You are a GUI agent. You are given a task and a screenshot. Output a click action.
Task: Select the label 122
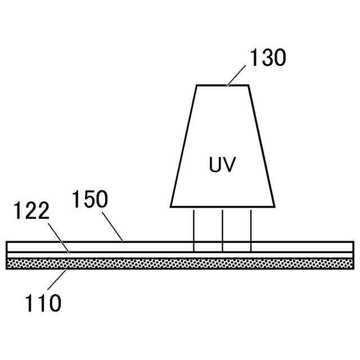pyautogui.click(x=31, y=211)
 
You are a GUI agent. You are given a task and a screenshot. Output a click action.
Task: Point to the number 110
pyautogui.click(x=42, y=304)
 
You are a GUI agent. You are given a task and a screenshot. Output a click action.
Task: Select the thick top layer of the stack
pyautogui.click(x=112, y=247)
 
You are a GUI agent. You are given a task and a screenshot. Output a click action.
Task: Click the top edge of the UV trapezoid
pyautogui.click(x=222, y=85)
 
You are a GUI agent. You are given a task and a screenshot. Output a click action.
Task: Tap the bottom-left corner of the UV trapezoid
pyautogui.click(x=171, y=206)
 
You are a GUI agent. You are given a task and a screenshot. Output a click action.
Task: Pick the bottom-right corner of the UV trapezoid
pyautogui.click(x=274, y=206)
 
